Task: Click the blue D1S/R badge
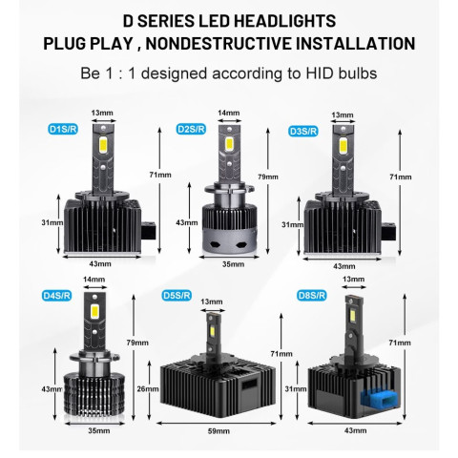tap(63, 129)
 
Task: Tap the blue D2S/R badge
tap(191, 129)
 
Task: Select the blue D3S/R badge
tap(303, 131)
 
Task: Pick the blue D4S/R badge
tap(56, 296)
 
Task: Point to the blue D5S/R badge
tap(177, 296)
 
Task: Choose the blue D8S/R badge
tap(312, 296)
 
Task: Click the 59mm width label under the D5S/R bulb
tap(219, 431)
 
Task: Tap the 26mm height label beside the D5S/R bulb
tap(148, 388)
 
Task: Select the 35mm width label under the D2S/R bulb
tap(233, 264)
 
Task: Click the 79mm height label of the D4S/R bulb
tap(137, 343)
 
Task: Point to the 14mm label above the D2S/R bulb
tap(229, 113)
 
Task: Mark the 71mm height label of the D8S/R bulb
tap(400, 343)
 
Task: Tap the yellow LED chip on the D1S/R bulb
tap(103, 144)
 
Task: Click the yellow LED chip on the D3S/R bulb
tap(343, 145)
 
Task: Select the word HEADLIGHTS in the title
tap(284, 21)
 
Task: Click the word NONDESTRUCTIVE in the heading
tap(219, 44)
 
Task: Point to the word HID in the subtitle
tap(319, 73)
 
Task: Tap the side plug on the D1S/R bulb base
tap(149, 231)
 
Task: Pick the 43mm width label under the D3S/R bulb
tap(344, 266)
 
